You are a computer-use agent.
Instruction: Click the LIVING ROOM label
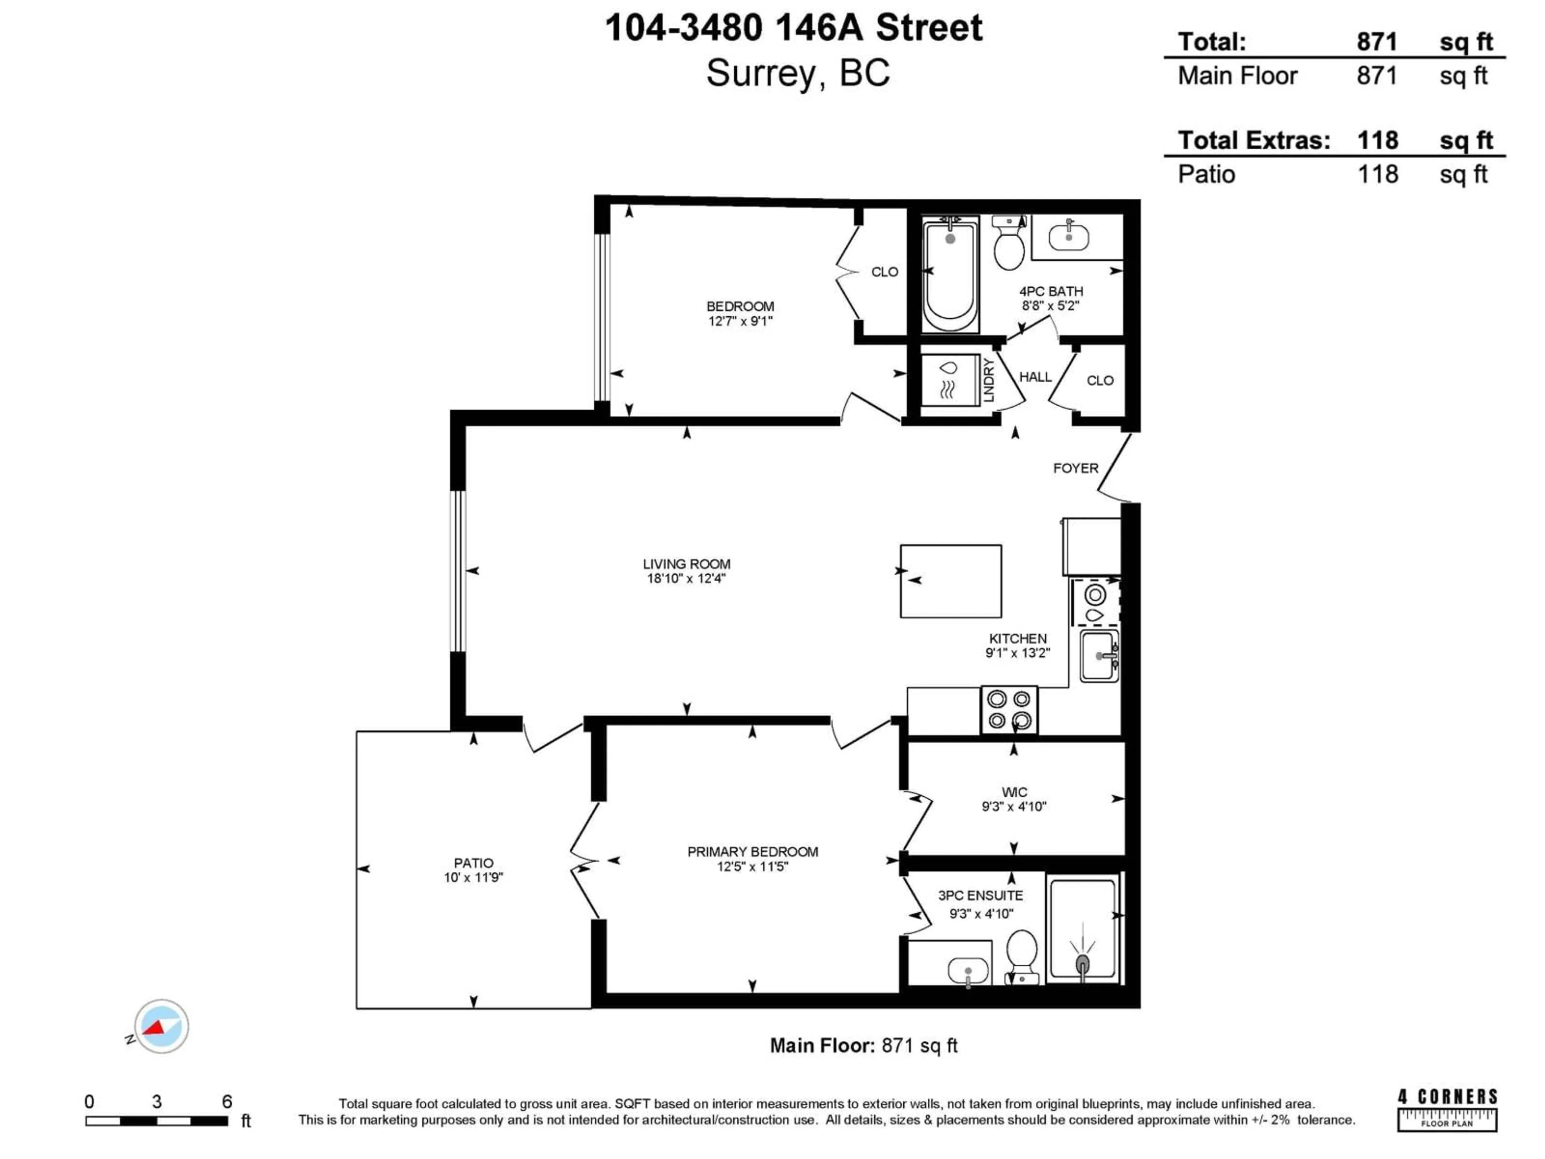tap(686, 564)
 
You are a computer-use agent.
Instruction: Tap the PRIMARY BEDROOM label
tap(752, 852)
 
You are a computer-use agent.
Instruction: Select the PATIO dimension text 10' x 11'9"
tap(474, 877)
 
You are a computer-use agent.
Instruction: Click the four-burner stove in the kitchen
tap(1009, 710)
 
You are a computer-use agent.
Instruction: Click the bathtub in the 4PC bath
tap(950, 274)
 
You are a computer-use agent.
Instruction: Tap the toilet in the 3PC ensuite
tap(1022, 953)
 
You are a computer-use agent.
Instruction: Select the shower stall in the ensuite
tap(1082, 930)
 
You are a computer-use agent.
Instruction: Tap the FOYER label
tap(1075, 468)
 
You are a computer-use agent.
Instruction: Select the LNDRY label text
tap(988, 380)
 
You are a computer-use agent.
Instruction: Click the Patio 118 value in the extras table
tap(1377, 174)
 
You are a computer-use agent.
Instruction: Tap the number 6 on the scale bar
tap(227, 1102)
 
